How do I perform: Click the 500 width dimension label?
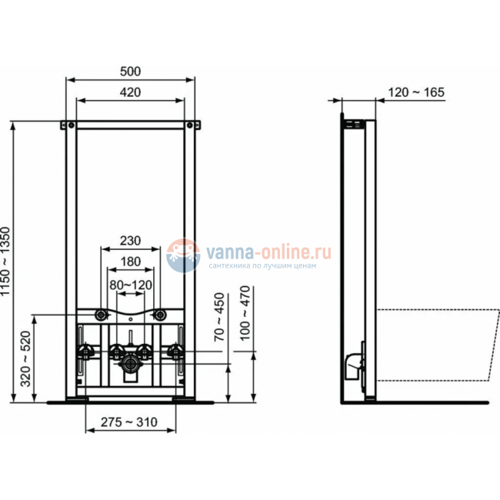[x=131, y=72]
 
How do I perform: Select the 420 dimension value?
[x=131, y=93]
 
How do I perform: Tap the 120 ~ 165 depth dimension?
[x=415, y=92]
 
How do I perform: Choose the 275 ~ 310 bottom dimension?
[x=130, y=422]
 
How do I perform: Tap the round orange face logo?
[x=183, y=254]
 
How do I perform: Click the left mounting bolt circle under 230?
[x=101, y=315]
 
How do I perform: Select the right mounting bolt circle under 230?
[x=160, y=315]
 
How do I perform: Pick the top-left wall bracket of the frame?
[x=68, y=123]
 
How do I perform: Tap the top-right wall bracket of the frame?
[x=193, y=123]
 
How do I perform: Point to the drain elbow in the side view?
[x=353, y=364]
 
